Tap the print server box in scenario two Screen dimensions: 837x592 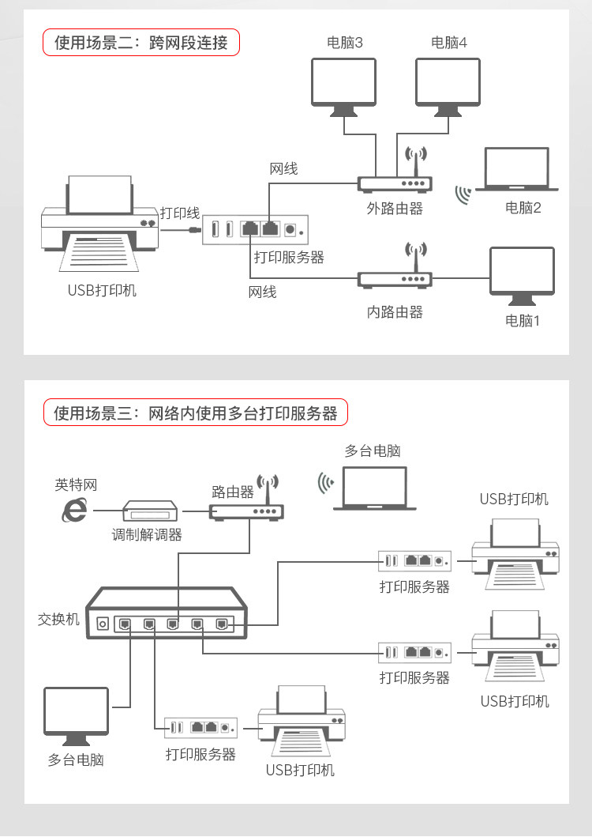click(x=254, y=229)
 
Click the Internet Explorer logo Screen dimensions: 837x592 click(x=75, y=511)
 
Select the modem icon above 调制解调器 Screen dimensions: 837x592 click(x=150, y=511)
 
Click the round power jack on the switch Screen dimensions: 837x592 click(x=102, y=624)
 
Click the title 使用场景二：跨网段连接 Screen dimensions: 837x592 click(x=141, y=43)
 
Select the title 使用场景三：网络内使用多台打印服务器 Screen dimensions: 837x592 click(x=195, y=413)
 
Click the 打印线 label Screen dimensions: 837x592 click(x=179, y=213)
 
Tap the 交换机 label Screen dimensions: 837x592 click(x=58, y=619)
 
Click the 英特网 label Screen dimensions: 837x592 click(x=76, y=484)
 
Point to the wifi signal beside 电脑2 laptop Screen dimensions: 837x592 click(x=463, y=194)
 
